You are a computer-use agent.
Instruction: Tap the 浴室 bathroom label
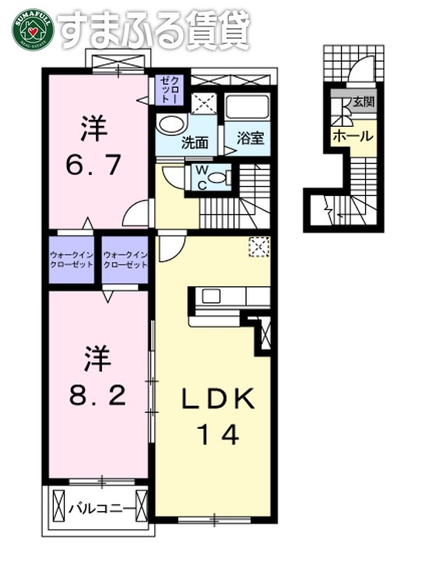248,140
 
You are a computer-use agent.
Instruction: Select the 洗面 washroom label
195,142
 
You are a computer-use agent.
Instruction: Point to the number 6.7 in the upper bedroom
94,164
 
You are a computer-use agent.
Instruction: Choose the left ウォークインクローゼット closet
72,260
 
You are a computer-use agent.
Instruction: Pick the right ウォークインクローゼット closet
125,260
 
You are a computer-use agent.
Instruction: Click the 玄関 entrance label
363,102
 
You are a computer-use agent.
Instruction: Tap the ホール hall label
352,135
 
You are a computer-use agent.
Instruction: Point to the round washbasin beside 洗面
168,125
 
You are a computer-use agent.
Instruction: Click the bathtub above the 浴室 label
247,108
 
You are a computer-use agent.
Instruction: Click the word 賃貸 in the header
216,30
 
